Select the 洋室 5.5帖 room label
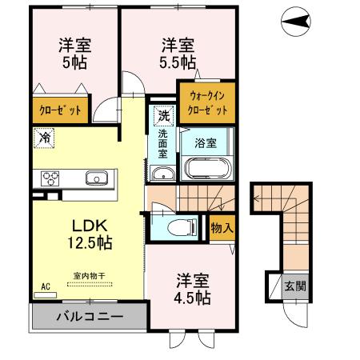click(x=177, y=52)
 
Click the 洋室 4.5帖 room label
click(x=193, y=289)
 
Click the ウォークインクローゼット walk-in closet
click(x=207, y=103)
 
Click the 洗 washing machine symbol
click(x=162, y=114)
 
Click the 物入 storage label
click(x=222, y=227)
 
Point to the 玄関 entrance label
click(x=294, y=286)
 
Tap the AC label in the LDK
click(x=46, y=283)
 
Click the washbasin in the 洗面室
click(x=162, y=176)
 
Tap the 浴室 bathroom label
click(x=206, y=144)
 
